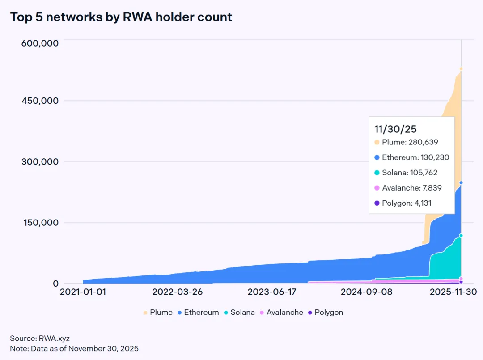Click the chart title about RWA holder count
(x=121, y=17)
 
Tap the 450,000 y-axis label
(x=40, y=101)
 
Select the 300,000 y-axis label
(x=40, y=161)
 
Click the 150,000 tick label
(x=40, y=223)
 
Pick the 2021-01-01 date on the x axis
(x=83, y=292)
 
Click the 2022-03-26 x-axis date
(x=178, y=292)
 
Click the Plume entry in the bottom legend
(x=157, y=313)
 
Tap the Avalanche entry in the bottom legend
(x=281, y=313)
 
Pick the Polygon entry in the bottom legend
(x=325, y=313)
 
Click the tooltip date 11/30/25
(x=395, y=129)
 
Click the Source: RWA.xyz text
(x=40, y=339)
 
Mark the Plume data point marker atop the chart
(x=461, y=69)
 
